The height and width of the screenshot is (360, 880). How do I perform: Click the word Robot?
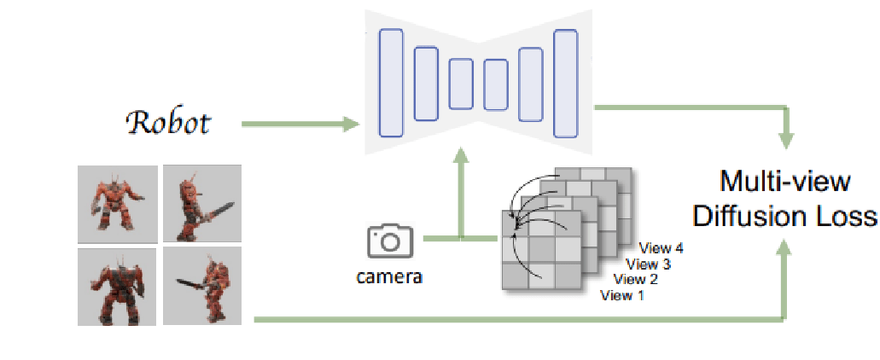click(169, 124)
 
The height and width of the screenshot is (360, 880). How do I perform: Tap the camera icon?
click(389, 242)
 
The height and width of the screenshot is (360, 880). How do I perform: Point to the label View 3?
click(648, 264)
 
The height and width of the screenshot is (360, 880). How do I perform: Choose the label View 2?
click(636, 280)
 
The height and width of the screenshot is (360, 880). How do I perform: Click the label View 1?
click(623, 295)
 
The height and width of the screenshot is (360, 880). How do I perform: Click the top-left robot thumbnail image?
click(117, 203)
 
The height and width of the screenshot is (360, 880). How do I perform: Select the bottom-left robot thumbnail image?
click(117, 287)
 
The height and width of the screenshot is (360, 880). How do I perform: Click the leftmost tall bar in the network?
click(391, 83)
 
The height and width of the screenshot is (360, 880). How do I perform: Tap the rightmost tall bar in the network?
click(565, 83)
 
